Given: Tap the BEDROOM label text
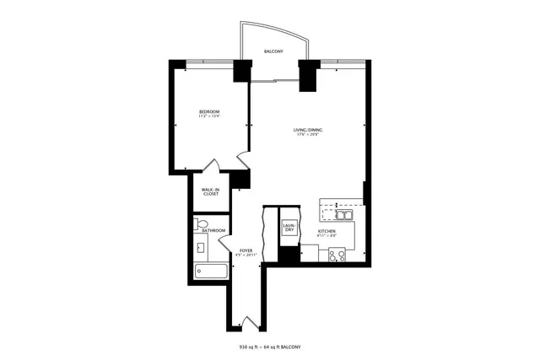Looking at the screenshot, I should [x=209, y=111].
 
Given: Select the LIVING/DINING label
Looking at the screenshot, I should [x=308, y=129].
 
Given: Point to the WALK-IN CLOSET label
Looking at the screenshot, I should [x=210, y=191].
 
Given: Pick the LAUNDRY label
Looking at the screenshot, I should [x=289, y=228].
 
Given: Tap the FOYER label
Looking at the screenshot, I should [x=246, y=250].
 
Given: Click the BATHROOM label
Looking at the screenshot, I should [x=213, y=230].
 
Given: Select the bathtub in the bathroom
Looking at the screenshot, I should [x=211, y=271].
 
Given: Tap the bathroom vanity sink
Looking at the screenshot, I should [x=200, y=248].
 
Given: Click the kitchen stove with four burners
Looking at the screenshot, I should [x=337, y=255].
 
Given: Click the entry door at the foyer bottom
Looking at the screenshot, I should [x=246, y=321].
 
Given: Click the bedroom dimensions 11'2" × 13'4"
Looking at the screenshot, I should [x=209, y=116].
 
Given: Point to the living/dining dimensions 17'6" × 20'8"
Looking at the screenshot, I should [x=308, y=135].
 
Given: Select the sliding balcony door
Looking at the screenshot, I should [x=274, y=81].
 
